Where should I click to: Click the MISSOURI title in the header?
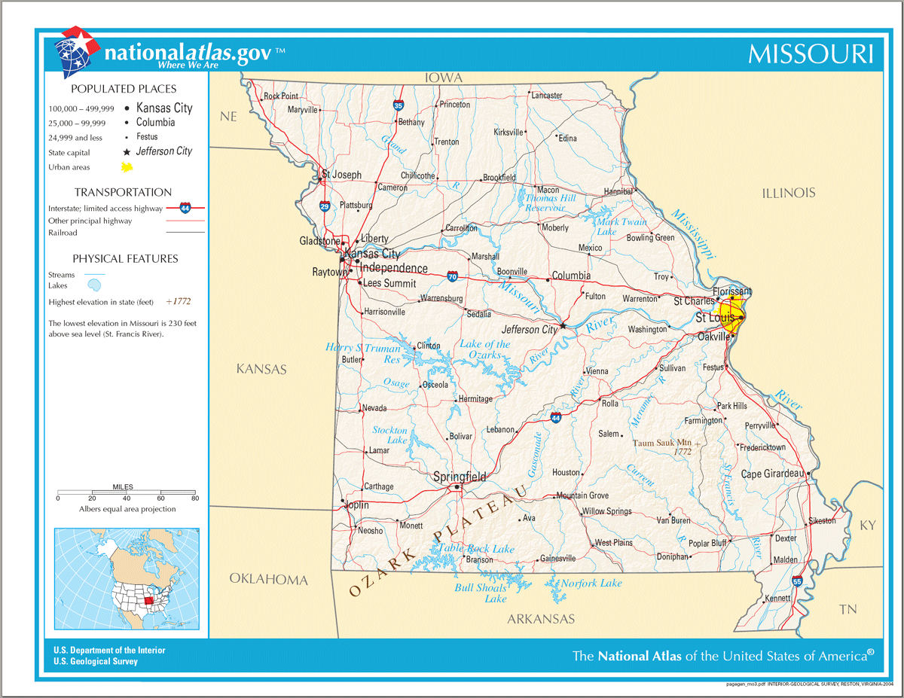[x=811, y=54]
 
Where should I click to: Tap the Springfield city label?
[x=460, y=477]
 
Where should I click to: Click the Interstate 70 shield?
[x=451, y=276]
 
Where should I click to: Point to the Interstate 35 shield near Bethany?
[x=398, y=106]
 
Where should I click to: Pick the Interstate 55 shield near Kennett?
[x=797, y=581]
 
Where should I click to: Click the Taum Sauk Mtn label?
[x=662, y=443]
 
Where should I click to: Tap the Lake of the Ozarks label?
[x=484, y=349]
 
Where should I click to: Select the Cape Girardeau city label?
[x=772, y=474]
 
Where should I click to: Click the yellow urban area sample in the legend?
[x=127, y=166]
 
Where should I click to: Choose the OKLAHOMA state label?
[x=268, y=579]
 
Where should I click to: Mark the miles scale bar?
[x=126, y=492]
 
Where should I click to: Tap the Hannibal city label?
[x=618, y=192]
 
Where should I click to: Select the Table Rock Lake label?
[x=477, y=549]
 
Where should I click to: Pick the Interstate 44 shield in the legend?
[x=185, y=207]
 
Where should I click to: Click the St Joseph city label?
[x=341, y=175]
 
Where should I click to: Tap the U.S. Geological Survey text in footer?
[x=96, y=662]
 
